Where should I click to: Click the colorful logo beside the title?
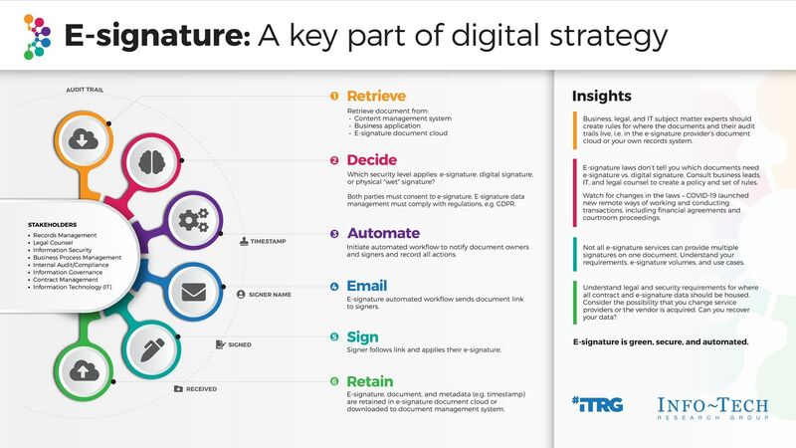click(36, 37)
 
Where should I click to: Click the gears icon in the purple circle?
click(190, 219)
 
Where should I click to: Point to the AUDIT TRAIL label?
click(88, 90)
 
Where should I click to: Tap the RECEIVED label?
click(199, 388)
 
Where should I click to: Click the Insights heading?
click(601, 97)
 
